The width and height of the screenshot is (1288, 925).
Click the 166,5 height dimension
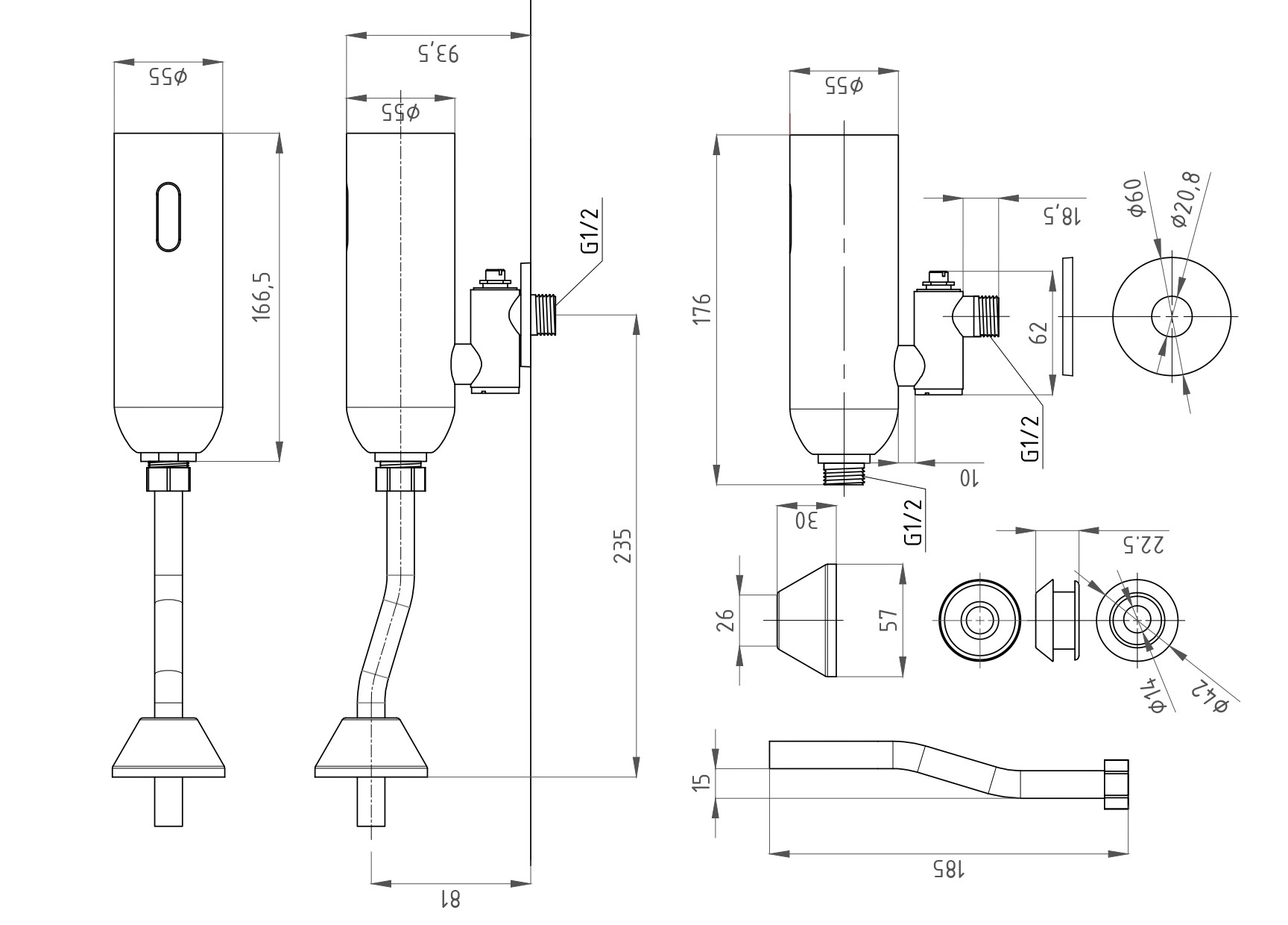click(x=263, y=296)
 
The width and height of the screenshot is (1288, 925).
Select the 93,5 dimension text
click(x=438, y=54)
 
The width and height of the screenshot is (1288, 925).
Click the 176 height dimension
click(x=702, y=309)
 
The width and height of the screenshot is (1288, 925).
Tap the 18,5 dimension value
click(x=1061, y=216)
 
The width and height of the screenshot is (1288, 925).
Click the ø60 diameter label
click(x=1134, y=198)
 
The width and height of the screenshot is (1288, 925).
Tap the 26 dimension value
click(x=725, y=620)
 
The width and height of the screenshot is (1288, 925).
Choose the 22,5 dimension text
click(x=1141, y=546)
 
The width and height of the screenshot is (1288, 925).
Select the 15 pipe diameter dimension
click(x=701, y=783)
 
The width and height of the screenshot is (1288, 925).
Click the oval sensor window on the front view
click(x=168, y=216)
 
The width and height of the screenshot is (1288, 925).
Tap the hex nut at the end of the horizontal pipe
click(x=1115, y=784)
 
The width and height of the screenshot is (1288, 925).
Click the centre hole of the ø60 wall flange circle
click(x=1172, y=316)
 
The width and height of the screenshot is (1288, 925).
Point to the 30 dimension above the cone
click(x=806, y=520)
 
